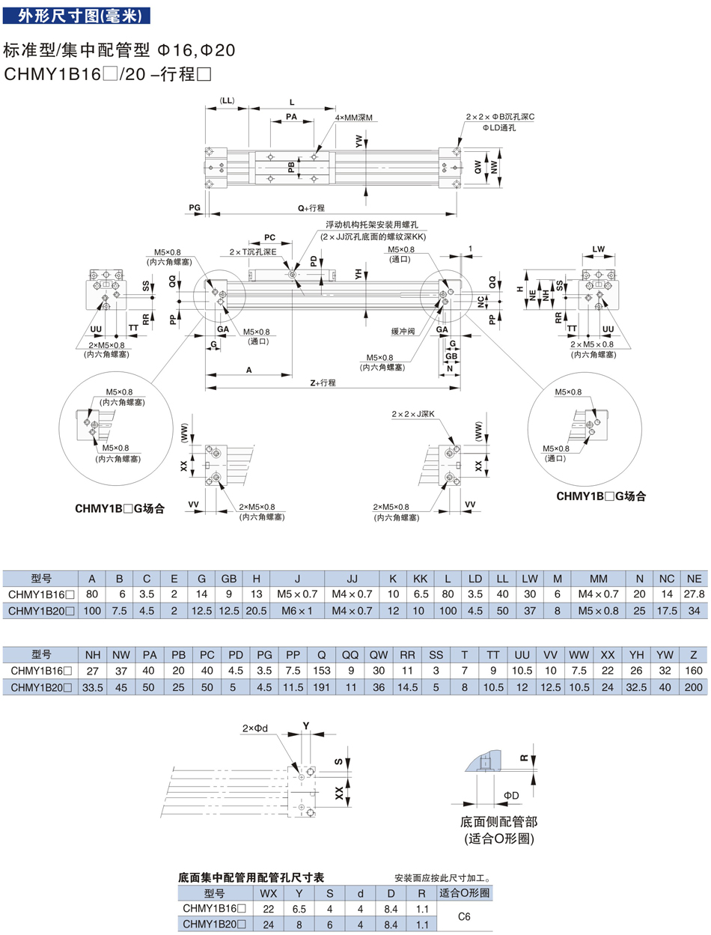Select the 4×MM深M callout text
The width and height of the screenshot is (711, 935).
[353, 118]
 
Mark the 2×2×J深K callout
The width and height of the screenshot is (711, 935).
[412, 414]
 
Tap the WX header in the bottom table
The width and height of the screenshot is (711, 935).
[268, 893]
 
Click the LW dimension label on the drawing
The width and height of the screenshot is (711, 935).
[598, 248]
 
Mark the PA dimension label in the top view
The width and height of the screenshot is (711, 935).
[291, 118]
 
